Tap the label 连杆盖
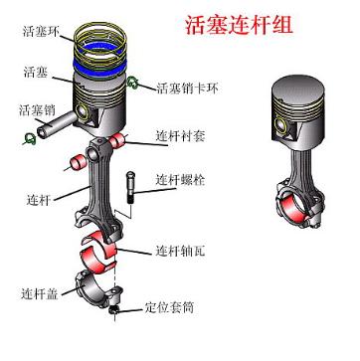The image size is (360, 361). [x=38, y=294]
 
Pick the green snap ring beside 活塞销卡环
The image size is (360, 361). [x=139, y=84]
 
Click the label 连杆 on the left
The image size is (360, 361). [x=37, y=200]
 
